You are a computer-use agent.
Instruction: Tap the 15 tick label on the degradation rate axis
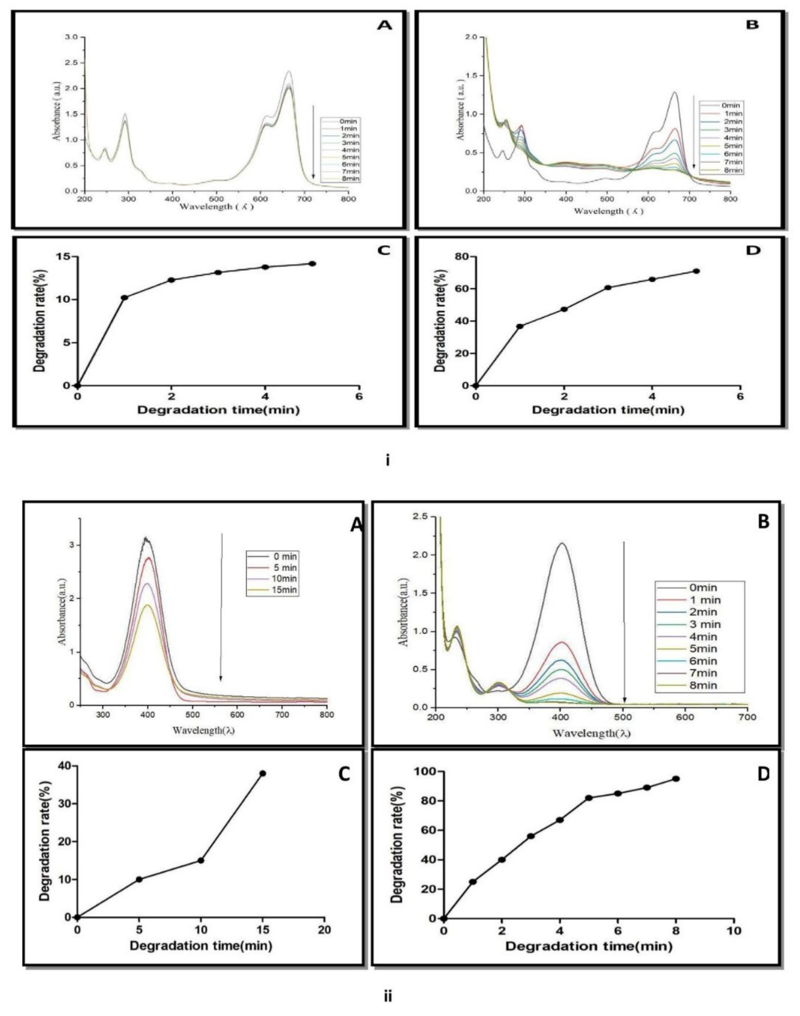63,256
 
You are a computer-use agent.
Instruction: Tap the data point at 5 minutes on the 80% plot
696,271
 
